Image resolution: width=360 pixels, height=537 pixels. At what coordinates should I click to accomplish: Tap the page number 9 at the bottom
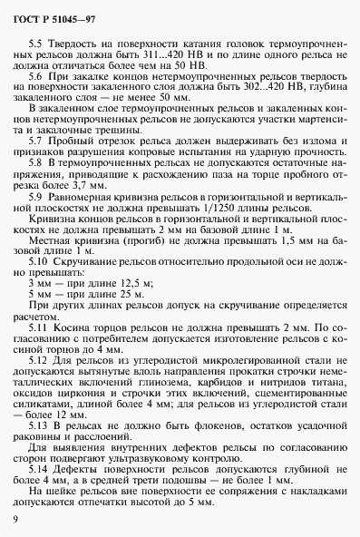click(15, 518)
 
